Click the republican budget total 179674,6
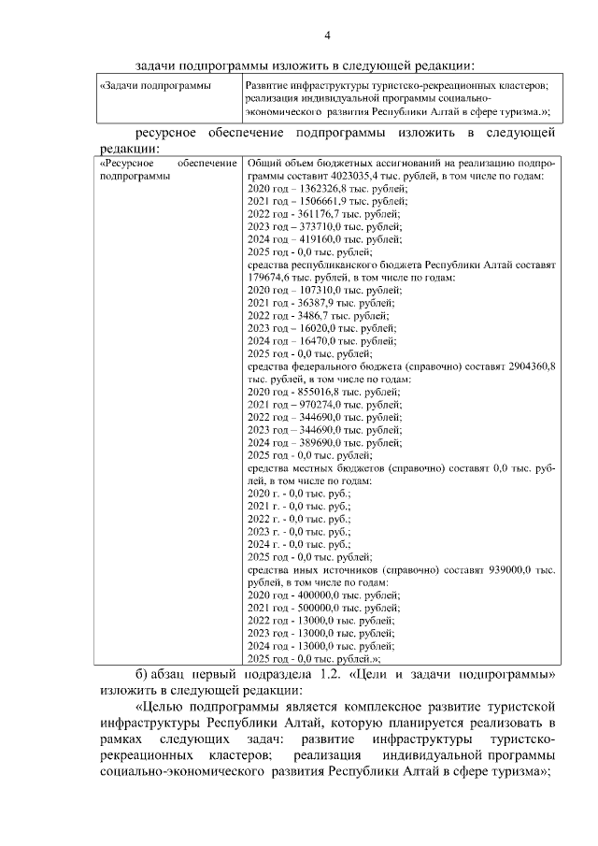pos(269,278)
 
